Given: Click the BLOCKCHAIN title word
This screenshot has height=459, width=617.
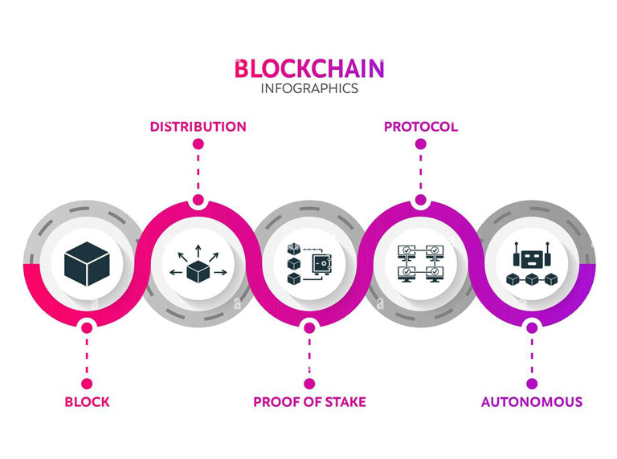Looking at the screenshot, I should coord(309,68).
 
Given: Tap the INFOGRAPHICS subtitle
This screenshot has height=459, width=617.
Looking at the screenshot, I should coord(309,88).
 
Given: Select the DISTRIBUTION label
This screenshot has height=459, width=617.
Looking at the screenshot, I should coord(198,127).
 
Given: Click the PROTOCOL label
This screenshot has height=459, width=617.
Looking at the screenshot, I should coord(420,127).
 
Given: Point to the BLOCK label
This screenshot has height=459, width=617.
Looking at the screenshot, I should coord(87,401).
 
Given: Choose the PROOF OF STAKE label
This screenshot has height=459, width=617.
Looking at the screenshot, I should coord(309,401).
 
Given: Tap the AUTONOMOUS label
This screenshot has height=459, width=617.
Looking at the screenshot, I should coord(531,401).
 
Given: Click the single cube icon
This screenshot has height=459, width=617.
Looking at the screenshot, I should coord(87,262).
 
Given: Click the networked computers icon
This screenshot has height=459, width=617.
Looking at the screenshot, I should coord(420,262).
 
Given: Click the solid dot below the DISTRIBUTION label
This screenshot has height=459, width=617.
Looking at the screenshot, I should coord(198,144).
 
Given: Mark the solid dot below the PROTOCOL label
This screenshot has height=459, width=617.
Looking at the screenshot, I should coord(420,144).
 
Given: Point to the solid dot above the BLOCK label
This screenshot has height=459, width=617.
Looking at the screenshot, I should coord(87,384).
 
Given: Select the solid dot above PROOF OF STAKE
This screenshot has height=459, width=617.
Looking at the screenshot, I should coord(309,384).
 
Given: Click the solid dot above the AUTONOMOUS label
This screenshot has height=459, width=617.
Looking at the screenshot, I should coord(531,384).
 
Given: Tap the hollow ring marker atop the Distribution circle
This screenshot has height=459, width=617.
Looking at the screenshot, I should coord(198,201).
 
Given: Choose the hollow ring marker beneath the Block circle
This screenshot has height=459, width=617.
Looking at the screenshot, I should coord(87,325).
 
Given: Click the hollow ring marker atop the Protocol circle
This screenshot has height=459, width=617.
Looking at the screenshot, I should coord(420,201).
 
